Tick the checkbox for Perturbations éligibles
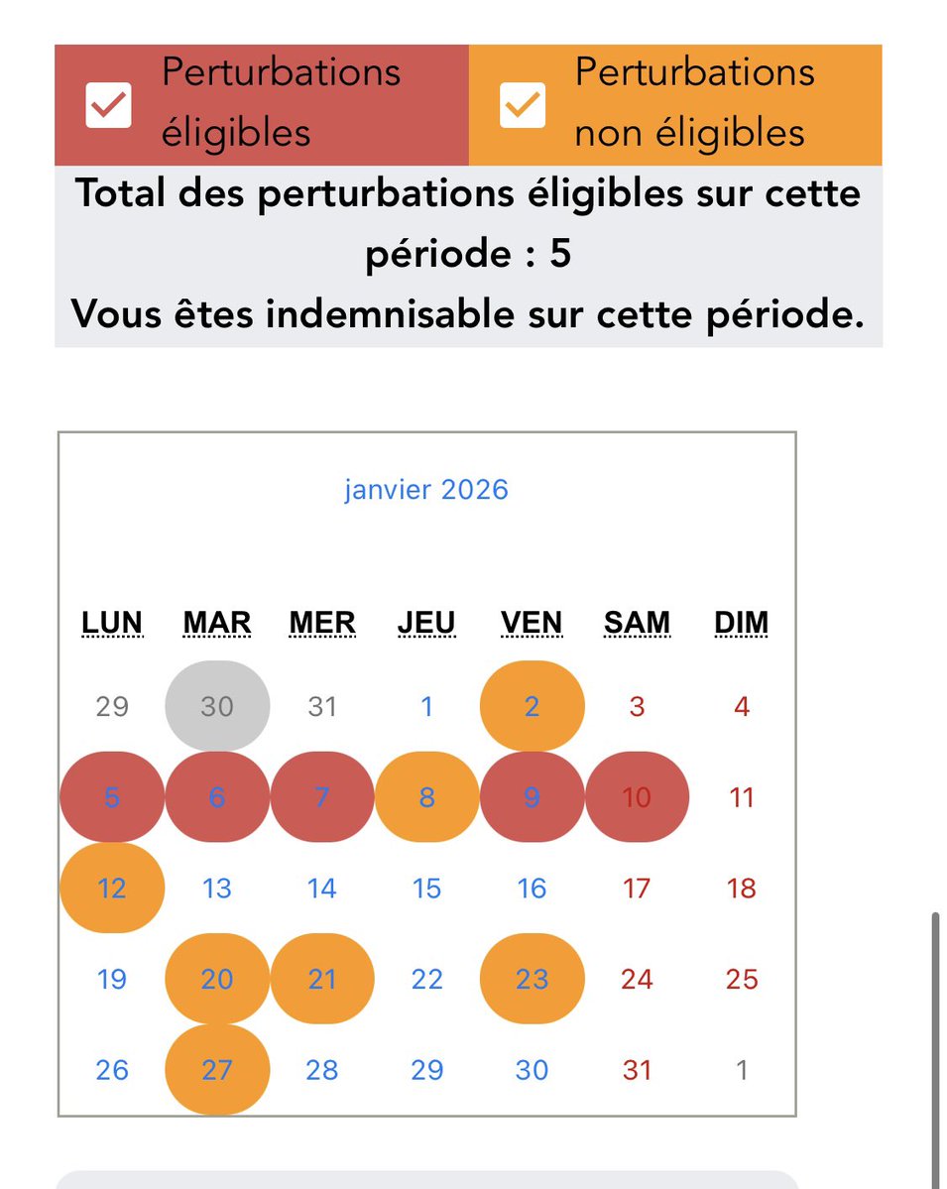[108, 105]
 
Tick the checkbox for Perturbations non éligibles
[522, 105]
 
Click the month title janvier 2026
[426, 489]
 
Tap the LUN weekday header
[112, 623]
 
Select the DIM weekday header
[742, 623]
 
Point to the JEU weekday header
[426, 623]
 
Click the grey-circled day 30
[217, 706]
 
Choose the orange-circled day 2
[532, 706]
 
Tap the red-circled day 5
[112, 797]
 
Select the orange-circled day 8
[426, 797]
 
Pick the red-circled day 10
[637, 797]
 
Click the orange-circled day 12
[112, 888]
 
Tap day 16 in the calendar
[532, 888]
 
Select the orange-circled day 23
[532, 979]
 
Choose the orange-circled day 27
[217, 1070]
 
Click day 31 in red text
[637, 1070]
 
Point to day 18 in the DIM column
[742, 888]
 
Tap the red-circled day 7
[322, 797]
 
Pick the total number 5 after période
[560, 255]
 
